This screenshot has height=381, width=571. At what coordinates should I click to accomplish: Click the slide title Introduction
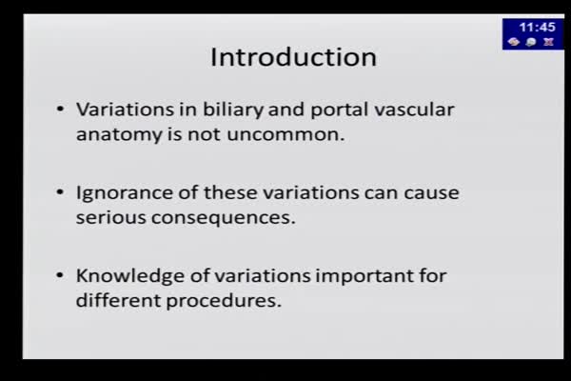pyautogui.click(x=293, y=57)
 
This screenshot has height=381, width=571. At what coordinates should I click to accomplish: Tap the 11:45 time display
pyautogui.click(x=537, y=27)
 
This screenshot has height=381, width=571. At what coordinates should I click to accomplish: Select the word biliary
pyautogui.click(x=233, y=110)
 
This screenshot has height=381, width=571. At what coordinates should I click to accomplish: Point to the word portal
pyautogui.click(x=339, y=110)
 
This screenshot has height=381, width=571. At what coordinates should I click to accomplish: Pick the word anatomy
pyautogui.click(x=119, y=135)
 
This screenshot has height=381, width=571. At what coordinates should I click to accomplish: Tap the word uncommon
pyautogui.click(x=285, y=134)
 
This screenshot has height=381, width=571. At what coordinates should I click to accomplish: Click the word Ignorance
pyautogui.click(x=124, y=192)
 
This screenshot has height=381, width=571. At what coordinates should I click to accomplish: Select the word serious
pyautogui.click(x=110, y=217)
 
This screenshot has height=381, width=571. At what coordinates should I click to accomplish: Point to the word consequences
pyautogui.click(x=224, y=218)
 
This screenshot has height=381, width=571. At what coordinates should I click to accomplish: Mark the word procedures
pyautogui.click(x=224, y=301)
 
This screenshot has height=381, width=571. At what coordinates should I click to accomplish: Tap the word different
pyautogui.click(x=118, y=300)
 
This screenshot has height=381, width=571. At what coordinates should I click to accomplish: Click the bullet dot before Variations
pyautogui.click(x=60, y=110)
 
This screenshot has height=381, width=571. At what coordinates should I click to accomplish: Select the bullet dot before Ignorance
pyautogui.click(x=60, y=192)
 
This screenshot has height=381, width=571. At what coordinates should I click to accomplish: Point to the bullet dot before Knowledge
pyautogui.click(x=60, y=276)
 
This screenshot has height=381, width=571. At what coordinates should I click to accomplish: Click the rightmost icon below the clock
pyautogui.click(x=548, y=42)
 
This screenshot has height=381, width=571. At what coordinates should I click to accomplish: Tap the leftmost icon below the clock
pyautogui.click(x=514, y=42)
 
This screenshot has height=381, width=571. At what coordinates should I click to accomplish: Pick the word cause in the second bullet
pyautogui.click(x=431, y=193)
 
